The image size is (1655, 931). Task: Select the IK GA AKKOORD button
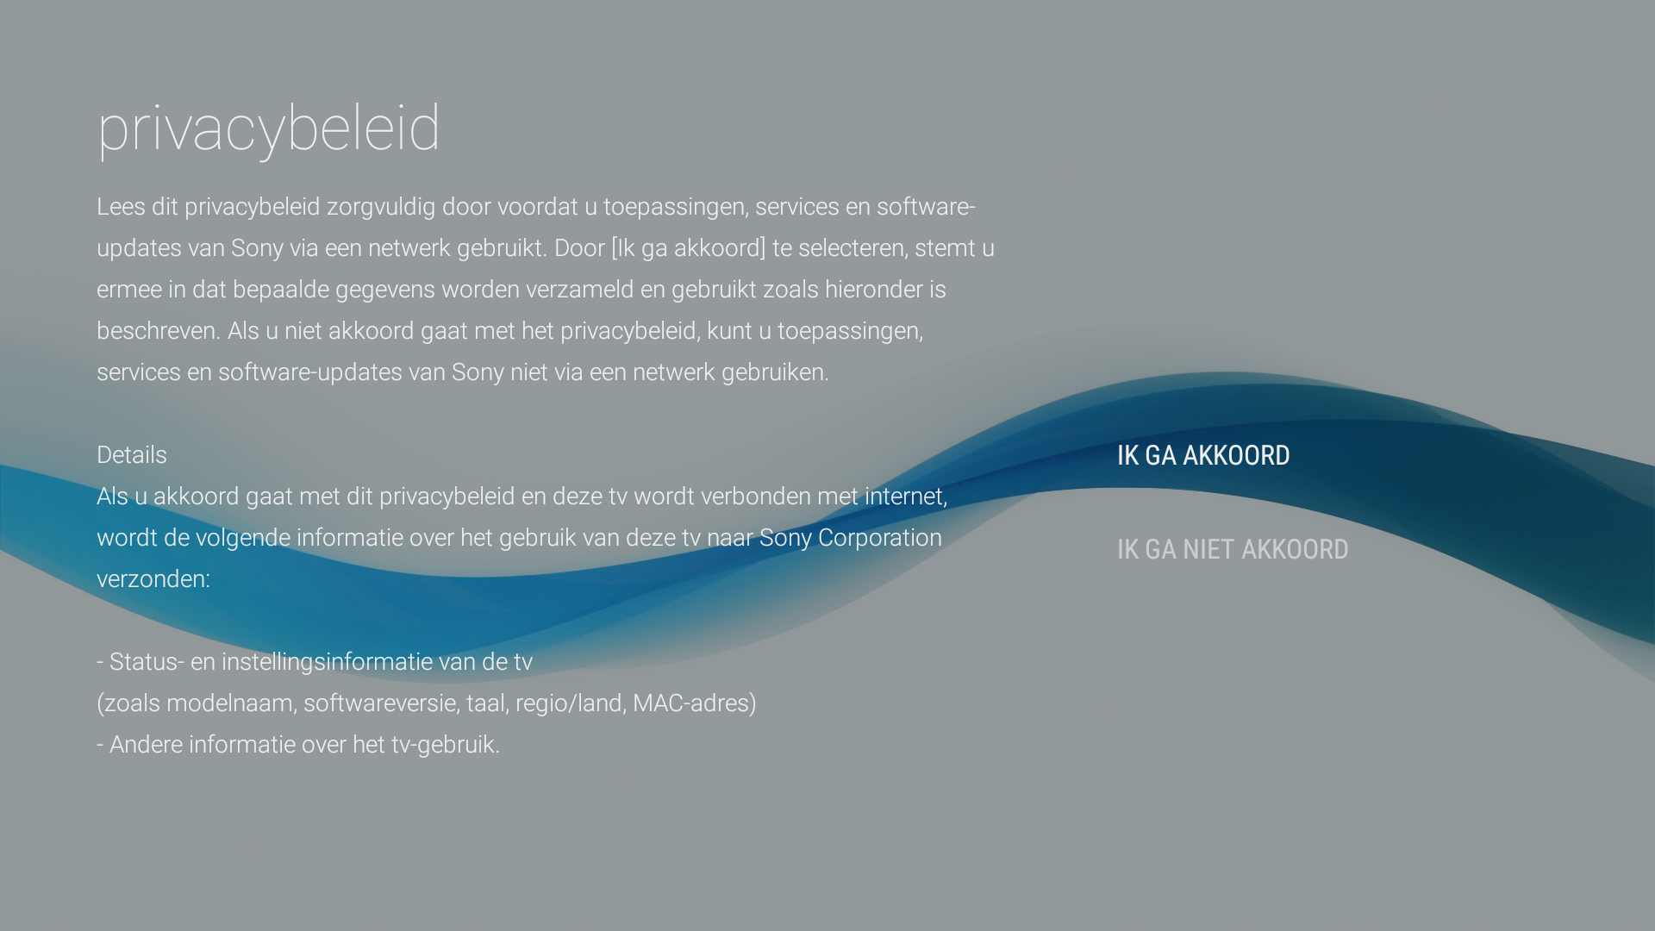point(1203,455)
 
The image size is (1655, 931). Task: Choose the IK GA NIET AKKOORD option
point(1233,549)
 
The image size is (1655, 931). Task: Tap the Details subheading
point(132,455)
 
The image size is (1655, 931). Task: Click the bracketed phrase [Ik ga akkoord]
point(688,248)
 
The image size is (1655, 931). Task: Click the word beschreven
point(157,331)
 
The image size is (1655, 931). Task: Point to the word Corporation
point(879,538)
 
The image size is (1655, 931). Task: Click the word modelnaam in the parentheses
point(230,703)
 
